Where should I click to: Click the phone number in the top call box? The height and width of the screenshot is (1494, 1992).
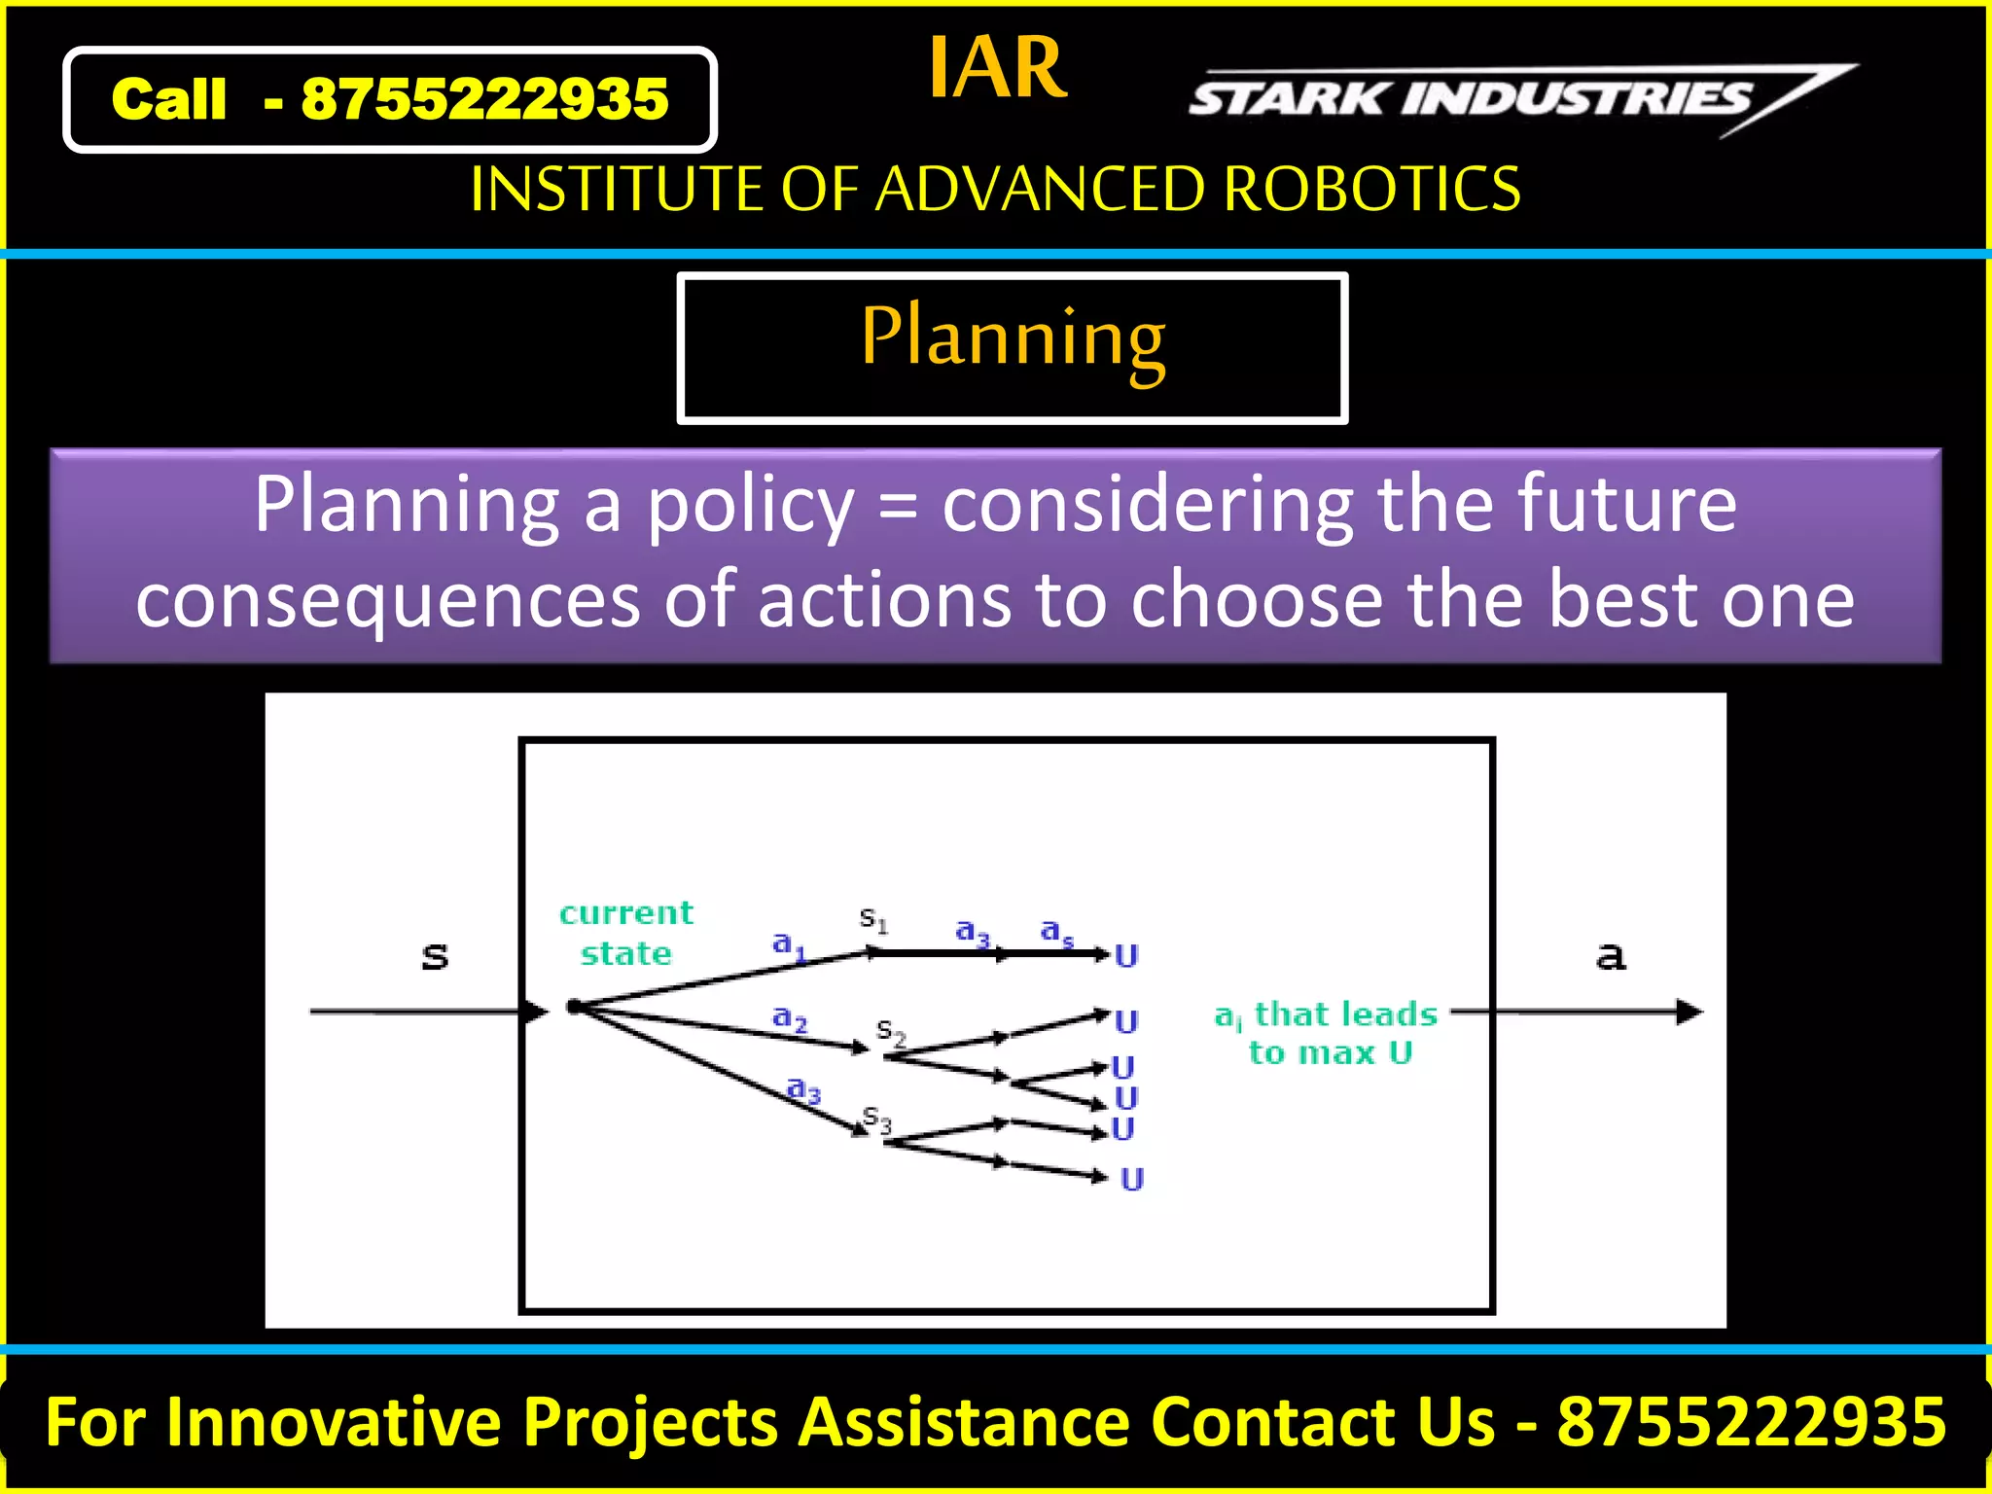(x=484, y=99)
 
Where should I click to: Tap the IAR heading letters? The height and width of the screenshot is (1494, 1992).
(x=997, y=68)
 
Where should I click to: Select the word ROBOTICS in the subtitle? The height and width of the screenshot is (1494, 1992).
(x=1371, y=189)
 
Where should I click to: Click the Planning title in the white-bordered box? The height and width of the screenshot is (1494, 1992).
(x=1013, y=338)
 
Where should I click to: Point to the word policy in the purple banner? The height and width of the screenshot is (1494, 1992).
(x=750, y=506)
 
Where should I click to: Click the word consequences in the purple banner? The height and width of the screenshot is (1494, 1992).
(x=386, y=600)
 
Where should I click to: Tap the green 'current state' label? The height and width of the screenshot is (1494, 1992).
(x=626, y=933)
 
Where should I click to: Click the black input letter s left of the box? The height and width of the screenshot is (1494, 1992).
(x=435, y=957)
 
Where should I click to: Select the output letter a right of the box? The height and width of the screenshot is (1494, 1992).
(x=1611, y=956)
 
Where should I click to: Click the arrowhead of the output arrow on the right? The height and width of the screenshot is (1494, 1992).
(x=1690, y=1013)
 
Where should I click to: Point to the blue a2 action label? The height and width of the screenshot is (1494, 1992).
(x=789, y=1018)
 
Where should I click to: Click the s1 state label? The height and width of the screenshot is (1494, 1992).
(x=872, y=918)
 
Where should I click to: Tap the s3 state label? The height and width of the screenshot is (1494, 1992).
(x=876, y=1120)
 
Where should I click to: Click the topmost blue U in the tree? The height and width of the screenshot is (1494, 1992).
(x=1126, y=956)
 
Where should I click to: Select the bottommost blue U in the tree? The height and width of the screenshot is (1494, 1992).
(x=1132, y=1180)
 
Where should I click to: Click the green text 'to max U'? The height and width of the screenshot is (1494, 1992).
(x=1330, y=1053)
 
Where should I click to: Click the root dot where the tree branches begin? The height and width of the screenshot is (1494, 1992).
(x=574, y=1007)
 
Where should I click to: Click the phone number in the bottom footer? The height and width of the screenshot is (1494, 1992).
(x=1752, y=1423)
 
